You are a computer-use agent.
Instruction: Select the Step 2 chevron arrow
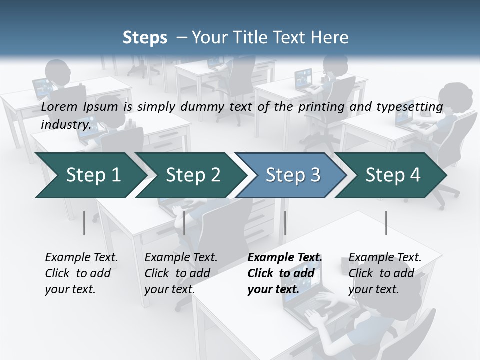click(192, 175)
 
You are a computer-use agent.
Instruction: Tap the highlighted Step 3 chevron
click(292, 175)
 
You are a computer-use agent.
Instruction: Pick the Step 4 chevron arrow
click(392, 175)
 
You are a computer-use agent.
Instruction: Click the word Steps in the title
click(145, 37)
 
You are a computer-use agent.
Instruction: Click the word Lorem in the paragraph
click(58, 106)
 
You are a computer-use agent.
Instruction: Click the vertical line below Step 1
click(84, 223)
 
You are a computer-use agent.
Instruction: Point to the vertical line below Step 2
click(184, 223)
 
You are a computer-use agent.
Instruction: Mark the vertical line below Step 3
click(285, 223)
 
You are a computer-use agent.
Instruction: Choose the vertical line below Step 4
click(386, 223)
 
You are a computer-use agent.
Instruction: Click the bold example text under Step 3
click(284, 273)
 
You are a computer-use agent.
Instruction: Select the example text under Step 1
click(81, 273)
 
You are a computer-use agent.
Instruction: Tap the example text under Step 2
click(181, 273)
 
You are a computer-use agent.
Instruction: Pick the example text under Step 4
click(385, 273)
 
